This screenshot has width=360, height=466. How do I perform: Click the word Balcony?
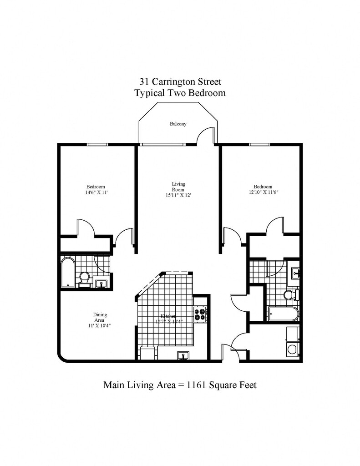[178, 124]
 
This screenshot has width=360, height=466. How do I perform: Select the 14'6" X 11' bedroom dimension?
[96, 192]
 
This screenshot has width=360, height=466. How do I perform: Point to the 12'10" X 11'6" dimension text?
[263, 192]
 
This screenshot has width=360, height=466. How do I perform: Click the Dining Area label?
[100, 317]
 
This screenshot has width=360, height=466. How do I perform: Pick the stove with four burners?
[200, 314]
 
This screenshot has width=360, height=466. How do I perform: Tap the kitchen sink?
[183, 355]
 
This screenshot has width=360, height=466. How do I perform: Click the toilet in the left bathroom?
[84, 277]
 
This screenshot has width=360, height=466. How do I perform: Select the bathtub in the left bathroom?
[67, 272]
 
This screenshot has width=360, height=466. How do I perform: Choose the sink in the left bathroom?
[101, 283]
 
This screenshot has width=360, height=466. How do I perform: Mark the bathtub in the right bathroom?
[283, 314]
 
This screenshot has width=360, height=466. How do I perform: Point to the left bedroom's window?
[101, 145]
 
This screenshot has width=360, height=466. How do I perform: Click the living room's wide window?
[162, 145]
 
